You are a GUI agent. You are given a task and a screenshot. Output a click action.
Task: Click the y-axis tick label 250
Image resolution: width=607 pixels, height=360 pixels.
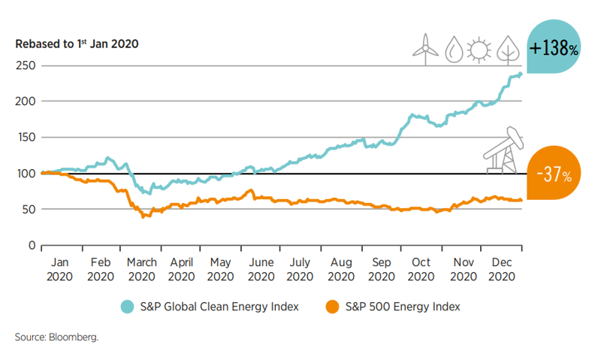click(x=26, y=65)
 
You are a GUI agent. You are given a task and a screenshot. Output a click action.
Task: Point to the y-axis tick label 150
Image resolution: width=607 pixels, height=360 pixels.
click(x=26, y=138)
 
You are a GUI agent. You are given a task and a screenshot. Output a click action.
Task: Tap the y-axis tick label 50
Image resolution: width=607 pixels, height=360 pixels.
click(x=29, y=210)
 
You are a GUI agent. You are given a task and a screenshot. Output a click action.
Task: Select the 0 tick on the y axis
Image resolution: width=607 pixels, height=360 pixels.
click(x=32, y=246)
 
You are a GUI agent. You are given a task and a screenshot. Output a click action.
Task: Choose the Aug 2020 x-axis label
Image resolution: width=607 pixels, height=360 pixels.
click(x=342, y=269)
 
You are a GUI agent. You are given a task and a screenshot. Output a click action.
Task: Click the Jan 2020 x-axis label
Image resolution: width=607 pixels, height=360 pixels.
click(x=60, y=269)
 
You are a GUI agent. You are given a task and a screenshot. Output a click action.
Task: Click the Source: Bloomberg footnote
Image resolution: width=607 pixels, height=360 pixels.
click(x=56, y=337)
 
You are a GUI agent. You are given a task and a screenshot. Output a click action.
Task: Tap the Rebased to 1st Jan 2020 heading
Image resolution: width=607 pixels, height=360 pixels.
click(x=77, y=44)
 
